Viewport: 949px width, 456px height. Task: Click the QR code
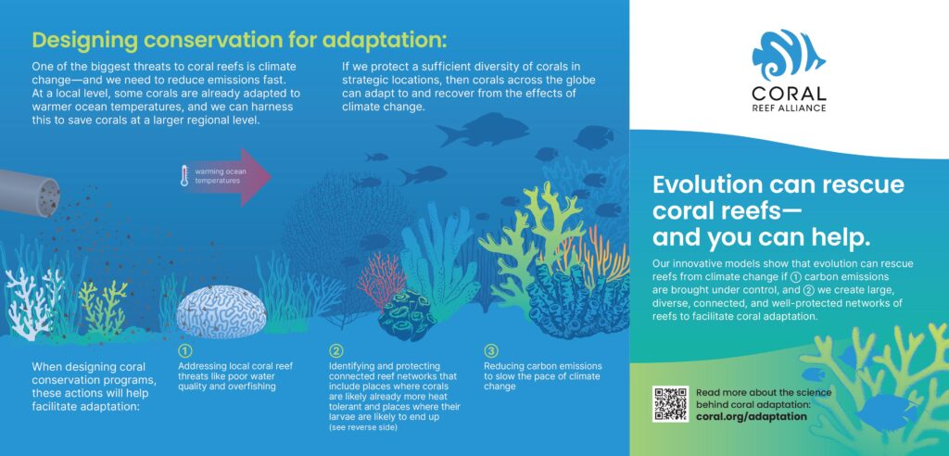point(671,404)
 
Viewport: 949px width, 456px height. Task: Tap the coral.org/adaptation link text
point(751,417)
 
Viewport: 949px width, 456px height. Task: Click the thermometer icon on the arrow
point(184,176)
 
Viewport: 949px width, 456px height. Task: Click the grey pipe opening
point(47,197)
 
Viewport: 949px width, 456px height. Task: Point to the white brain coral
point(221,311)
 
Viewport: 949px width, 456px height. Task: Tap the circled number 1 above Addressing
point(185,351)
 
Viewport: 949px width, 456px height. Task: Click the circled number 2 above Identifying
point(335,351)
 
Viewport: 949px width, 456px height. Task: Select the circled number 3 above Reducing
point(491,351)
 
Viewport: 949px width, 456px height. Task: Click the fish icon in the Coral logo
point(788,55)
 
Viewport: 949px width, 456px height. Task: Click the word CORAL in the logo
point(789,94)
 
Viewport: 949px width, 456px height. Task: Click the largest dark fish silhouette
point(483,130)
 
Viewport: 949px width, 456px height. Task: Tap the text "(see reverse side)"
point(363,428)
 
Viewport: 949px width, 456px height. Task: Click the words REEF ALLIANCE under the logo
point(789,108)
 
